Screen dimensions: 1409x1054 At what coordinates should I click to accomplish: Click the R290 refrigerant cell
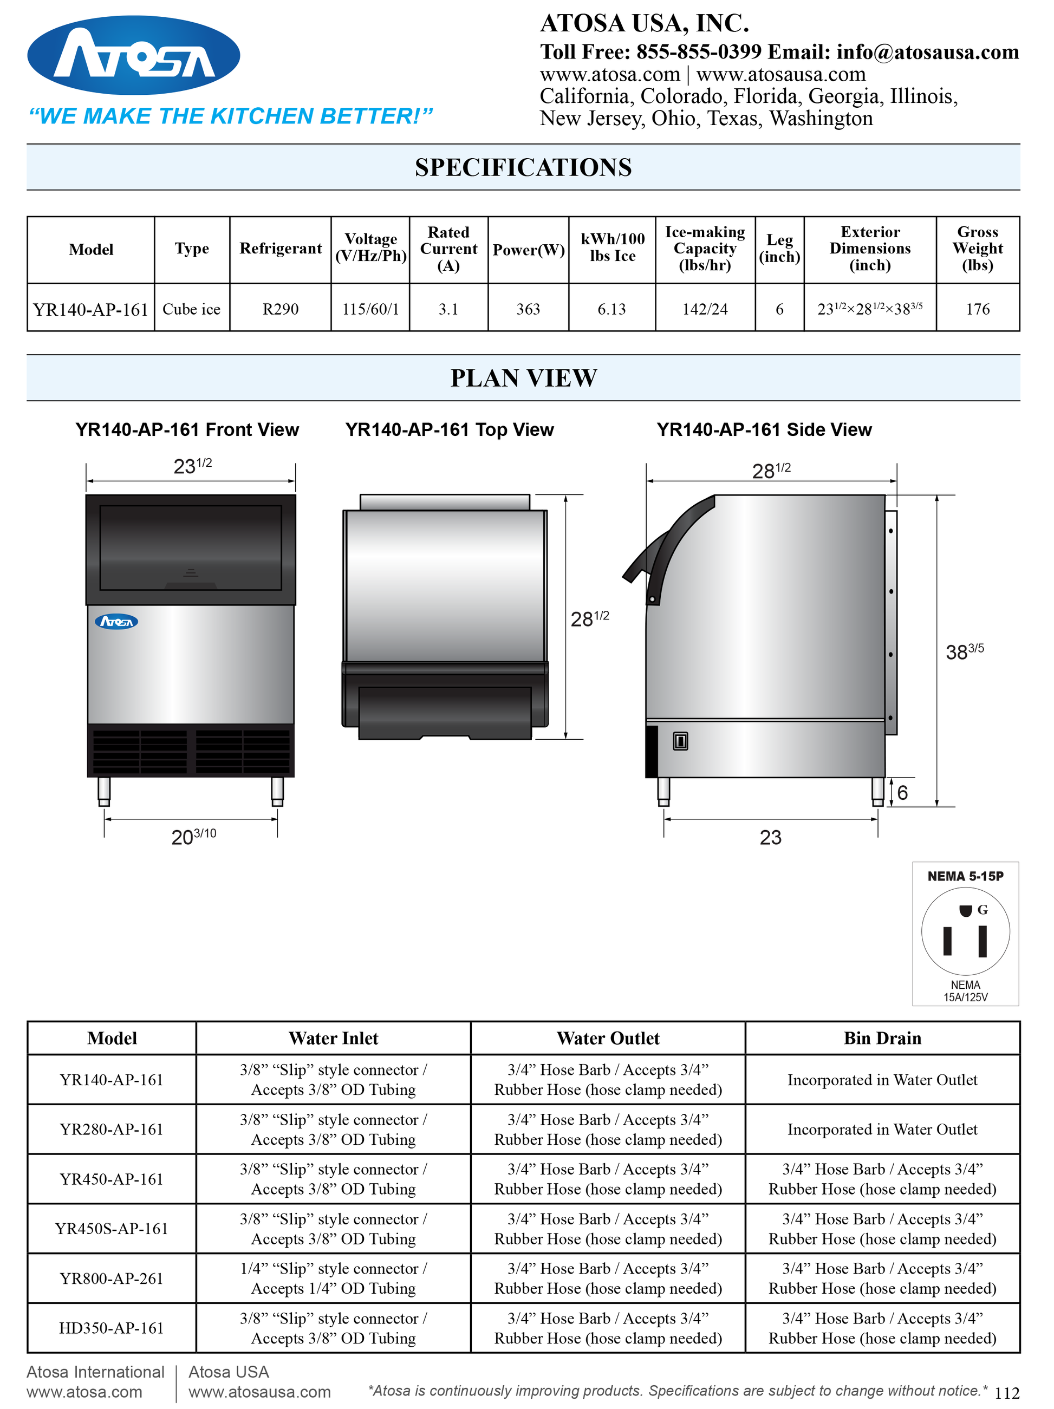click(x=281, y=309)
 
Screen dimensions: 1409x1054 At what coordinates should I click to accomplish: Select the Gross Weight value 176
click(x=977, y=309)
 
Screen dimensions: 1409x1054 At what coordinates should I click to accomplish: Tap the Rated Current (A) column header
click(x=448, y=249)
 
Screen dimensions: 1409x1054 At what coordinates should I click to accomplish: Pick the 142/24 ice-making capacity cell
click(x=704, y=309)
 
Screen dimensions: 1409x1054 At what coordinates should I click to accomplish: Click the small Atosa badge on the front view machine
click(x=116, y=622)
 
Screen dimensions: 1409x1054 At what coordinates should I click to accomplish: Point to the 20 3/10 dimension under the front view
click(x=193, y=836)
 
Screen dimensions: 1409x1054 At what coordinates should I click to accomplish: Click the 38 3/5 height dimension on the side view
click(x=964, y=651)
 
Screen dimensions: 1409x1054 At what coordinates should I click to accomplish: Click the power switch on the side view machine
click(x=680, y=741)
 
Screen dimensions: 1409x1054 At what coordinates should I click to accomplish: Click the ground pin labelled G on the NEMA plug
click(x=965, y=911)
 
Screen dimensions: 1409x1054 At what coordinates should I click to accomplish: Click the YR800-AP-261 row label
click(x=112, y=1278)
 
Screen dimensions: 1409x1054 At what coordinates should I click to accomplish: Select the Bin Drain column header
click(x=882, y=1038)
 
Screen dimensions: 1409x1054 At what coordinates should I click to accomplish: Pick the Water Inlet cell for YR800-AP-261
click(x=333, y=1278)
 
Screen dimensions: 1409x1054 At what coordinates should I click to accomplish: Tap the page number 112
click(x=1007, y=1393)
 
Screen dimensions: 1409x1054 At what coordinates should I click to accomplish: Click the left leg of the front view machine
click(x=104, y=791)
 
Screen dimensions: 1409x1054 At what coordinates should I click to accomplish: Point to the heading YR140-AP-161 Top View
click(x=449, y=430)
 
